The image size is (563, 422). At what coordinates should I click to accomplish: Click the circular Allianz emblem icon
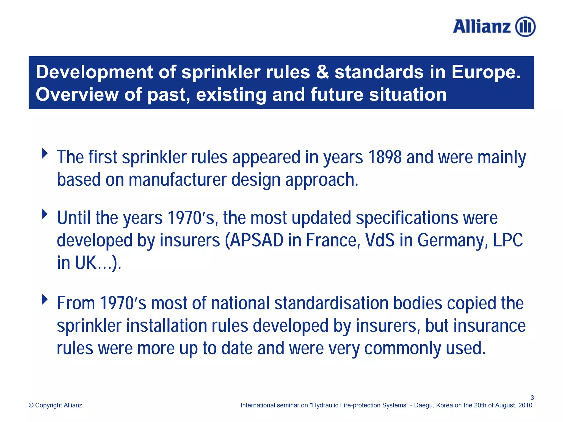[525, 27]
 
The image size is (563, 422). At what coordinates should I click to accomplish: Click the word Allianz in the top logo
[482, 27]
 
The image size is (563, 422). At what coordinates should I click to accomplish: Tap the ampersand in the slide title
[322, 72]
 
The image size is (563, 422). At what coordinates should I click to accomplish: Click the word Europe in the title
[486, 72]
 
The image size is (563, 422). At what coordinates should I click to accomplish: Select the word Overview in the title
[77, 95]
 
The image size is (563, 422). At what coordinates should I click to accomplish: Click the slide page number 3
[532, 398]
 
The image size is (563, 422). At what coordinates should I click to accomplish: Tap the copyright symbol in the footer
[31, 405]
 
